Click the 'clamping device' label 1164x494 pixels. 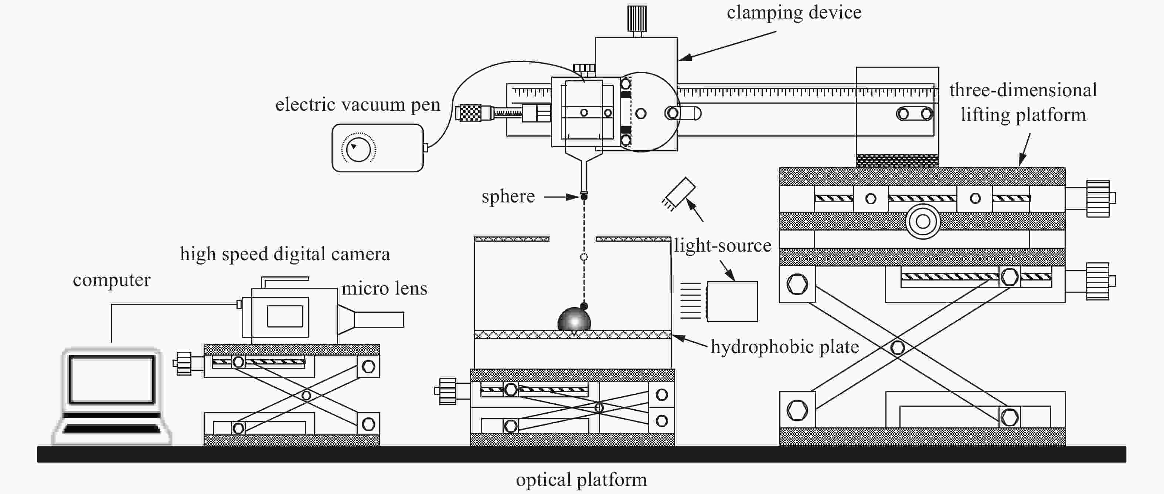[794, 13]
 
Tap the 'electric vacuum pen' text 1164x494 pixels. [357, 104]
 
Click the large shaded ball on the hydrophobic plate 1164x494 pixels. [574, 320]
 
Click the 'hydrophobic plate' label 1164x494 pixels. [784, 347]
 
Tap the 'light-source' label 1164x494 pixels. [722, 245]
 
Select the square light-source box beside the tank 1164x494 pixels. [732, 302]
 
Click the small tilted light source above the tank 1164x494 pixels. [679, 193]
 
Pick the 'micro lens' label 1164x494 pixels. [384, 289]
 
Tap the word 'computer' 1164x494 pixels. [112, 280]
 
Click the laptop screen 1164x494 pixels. [112, 379]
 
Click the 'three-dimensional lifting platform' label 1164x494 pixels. [1023, 102]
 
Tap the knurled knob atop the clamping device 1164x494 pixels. [637, 18]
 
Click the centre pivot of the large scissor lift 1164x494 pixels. [898, 347]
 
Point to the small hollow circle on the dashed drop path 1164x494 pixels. [584, 257]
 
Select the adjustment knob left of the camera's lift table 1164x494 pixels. [183, 363]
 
